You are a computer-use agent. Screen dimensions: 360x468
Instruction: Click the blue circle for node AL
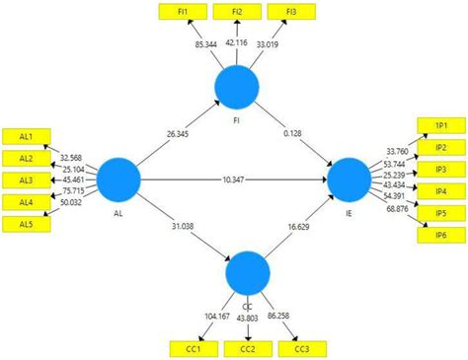coord(120,180)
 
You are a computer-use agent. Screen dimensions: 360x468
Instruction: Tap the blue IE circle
coord(348,180)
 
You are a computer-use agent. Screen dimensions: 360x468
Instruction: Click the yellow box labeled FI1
coord(183,12)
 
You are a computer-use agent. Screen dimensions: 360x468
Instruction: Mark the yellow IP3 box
coord(441,169)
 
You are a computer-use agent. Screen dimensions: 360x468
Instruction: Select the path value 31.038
coord(178,227)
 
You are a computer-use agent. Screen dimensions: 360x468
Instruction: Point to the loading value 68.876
coord(399,210)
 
